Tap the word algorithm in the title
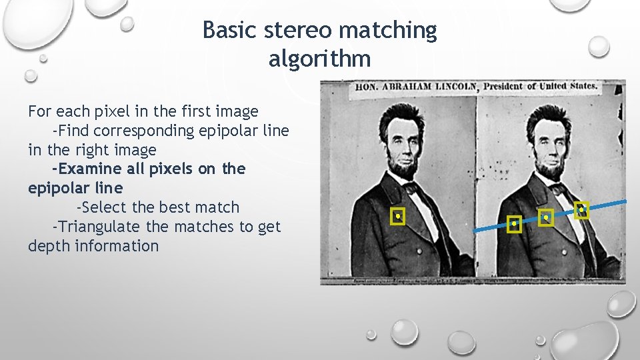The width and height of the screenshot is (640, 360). (319, 59)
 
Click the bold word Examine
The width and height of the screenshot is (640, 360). (87, 169)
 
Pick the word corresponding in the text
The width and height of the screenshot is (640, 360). (142, 131)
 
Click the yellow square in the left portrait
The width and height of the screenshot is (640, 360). (398, 216)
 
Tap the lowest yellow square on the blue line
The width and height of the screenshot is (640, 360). (513, 225)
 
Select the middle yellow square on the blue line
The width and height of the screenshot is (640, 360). (546, 217)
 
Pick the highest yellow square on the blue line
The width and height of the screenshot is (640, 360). (581, 210)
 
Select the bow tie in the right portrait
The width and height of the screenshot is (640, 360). (556, 189)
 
